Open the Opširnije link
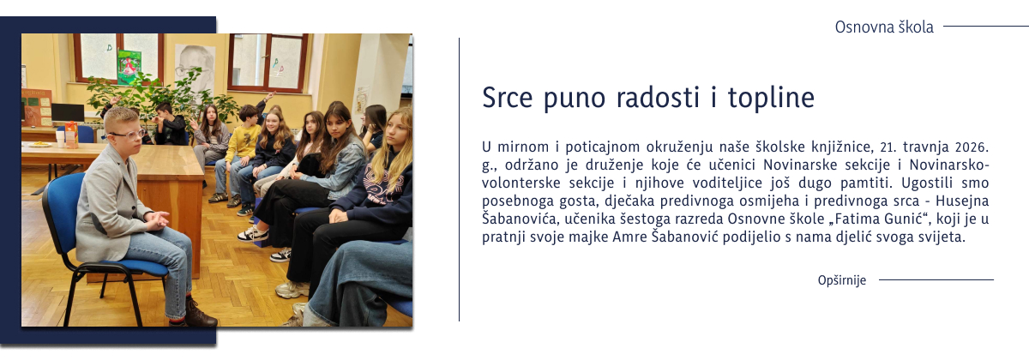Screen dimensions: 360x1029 click(842, 280)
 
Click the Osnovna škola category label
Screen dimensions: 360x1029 click(884, 27)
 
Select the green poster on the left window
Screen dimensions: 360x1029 click(129, 66)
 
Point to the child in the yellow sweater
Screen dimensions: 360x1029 click(244, 141)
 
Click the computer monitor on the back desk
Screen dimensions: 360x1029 click(68, 112)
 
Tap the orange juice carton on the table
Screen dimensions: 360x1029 click(71, 134)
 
